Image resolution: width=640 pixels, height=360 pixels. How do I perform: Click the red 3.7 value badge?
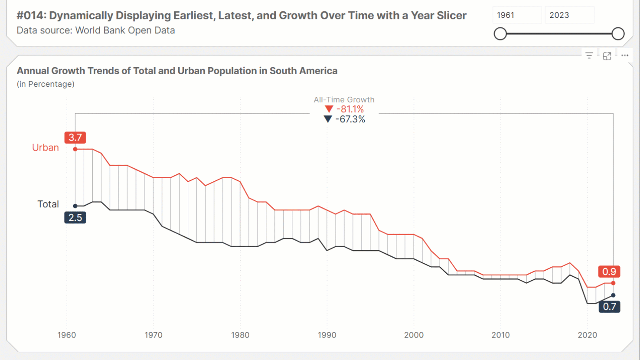[x=75, y=137]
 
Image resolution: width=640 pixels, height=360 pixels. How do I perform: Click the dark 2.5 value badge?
[x=75, y=217]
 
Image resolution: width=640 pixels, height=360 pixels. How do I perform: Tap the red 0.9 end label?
[x=609, y=272]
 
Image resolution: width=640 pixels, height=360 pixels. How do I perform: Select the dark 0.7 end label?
[x=609, y=307]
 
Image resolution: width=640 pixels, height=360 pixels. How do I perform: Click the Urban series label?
[x=45, y=147]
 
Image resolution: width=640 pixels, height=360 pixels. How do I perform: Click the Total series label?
[x=48, y=204]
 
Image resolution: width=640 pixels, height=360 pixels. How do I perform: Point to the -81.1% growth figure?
[x=350, y=109]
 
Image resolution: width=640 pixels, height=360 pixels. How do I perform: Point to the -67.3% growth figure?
[x=350, y=119]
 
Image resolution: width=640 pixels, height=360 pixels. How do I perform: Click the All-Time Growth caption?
[x=344, y=100]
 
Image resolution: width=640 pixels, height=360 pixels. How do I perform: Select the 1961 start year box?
[x=517, y=15]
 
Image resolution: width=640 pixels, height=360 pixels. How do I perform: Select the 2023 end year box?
[x=569, y=15]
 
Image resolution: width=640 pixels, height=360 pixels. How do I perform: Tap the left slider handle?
[x=500, y=33]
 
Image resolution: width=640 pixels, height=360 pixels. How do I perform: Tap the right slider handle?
[x=618, y=33]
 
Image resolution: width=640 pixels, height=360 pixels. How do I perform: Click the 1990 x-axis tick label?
[x=327, y=335]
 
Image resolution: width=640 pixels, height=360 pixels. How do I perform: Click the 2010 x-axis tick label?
[x=500, y=335]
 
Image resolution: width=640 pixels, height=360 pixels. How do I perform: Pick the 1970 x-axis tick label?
[x=153, y=335]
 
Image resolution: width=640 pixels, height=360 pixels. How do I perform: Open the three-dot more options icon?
[x=625, y=56]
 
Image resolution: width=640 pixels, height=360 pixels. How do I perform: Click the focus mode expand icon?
[x=607, y=56]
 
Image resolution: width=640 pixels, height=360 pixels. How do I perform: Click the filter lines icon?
[x=589, y=56]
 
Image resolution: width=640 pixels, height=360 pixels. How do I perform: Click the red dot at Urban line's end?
[x=613, y=283]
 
